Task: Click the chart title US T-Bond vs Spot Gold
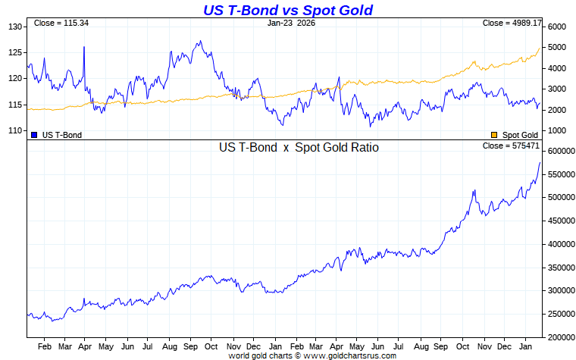[287, 10]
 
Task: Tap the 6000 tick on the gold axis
[557, 27]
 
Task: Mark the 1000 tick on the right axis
[557, 130]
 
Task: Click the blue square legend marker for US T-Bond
[34, 134]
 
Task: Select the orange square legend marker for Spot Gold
[494, 134]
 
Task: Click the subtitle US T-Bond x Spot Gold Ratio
[299, 148]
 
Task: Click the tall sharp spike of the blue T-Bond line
[83, 48]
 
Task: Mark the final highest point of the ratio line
[540, 163]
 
